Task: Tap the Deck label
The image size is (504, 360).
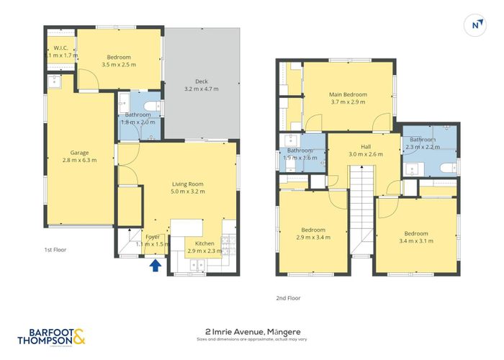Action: [201, 81]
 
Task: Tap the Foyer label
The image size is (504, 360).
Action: [153, 237]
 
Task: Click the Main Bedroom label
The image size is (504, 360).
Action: [348, 94]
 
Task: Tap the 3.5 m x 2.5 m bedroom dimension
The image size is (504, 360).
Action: [119, 64]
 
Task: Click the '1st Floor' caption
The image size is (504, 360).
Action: [55, 250]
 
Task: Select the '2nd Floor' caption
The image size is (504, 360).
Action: [288, 297]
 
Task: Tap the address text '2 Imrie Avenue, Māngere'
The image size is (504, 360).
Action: [252, 333]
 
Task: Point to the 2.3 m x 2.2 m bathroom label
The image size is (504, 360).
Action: [421, 143]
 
